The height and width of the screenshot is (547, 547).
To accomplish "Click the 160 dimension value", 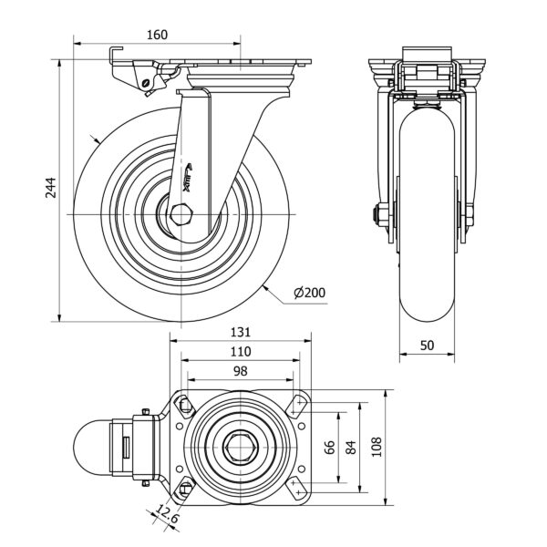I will pos(157,35).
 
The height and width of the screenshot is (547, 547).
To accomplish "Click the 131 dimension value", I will pos(241,333).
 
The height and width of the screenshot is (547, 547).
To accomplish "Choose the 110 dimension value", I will pos(241,351).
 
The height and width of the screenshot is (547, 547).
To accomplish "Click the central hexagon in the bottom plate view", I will pos(241,447).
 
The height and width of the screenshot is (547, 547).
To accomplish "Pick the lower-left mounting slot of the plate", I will pos(184,489).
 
